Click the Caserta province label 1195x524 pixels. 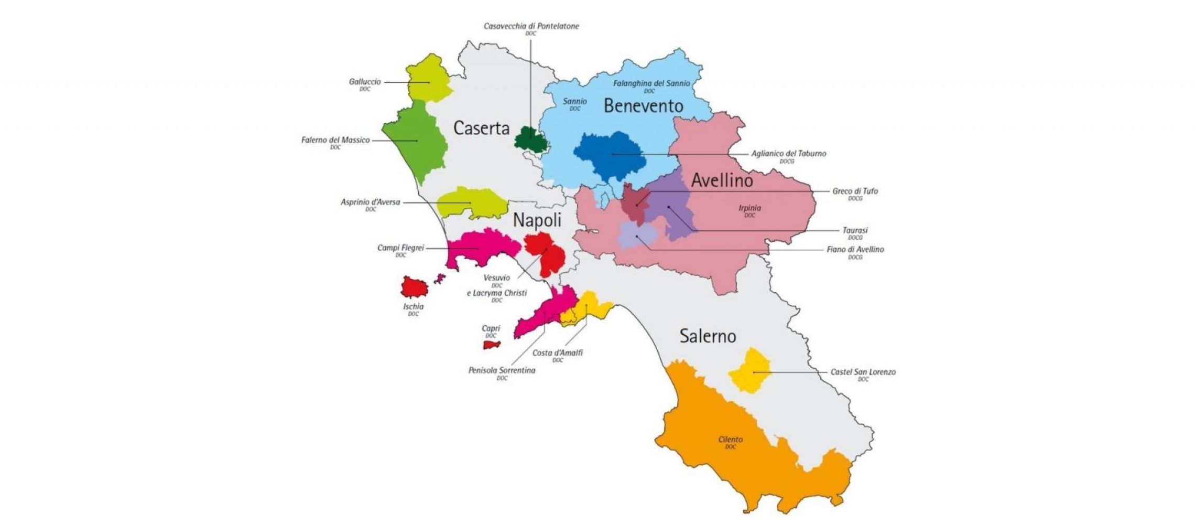[481, 128]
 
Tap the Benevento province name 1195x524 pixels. [643, 106]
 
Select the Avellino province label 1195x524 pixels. [722, 180]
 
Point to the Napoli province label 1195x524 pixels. [537, 220]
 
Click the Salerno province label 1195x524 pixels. [708, 336]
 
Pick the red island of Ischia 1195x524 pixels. [414, 287]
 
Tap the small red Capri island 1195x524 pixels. [491, 345]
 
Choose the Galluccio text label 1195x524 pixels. [365, 82]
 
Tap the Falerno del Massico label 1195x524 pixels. [335, 140]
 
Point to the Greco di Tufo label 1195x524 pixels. [855, 191]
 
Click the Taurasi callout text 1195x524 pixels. [855, 230]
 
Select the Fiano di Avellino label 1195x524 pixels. [855, 250]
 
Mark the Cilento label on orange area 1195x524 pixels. [730, 440]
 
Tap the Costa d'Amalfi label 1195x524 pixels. [557, 353]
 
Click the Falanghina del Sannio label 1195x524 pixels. [651, 83]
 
